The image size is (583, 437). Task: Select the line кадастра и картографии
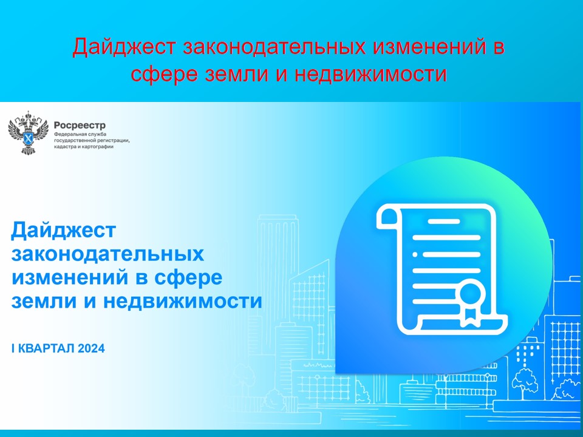83,147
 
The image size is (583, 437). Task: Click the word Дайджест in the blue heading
63,230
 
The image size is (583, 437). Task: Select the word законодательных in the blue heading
107,254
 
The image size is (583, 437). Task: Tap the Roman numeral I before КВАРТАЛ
13,348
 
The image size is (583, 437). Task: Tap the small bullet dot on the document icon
415,254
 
